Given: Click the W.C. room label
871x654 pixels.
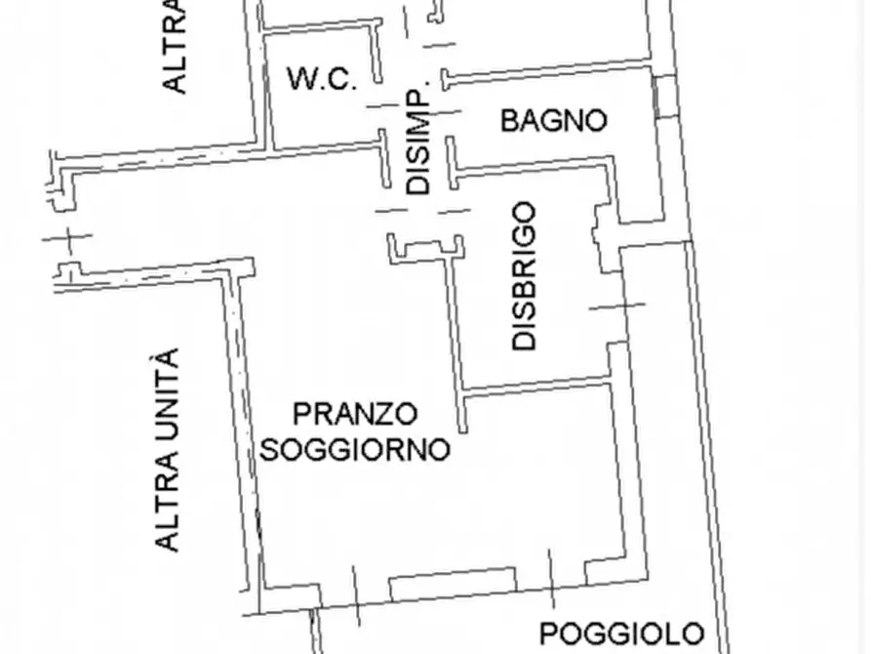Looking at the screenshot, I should tap(322, 79).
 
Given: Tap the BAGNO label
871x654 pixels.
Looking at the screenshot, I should tap(553, 121).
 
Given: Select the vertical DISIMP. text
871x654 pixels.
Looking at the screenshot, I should tap(417, 143).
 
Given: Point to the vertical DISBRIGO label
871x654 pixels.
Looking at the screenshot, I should tap(525, 275).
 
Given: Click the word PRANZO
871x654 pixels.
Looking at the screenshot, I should tap(355, 415).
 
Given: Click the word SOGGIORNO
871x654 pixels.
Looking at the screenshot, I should tap(356, 449).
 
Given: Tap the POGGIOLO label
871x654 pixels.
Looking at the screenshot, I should tap(621, 634).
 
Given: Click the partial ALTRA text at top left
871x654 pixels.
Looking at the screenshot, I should tap(175, 49).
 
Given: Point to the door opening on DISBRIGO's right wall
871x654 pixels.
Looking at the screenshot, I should tap(616, 306).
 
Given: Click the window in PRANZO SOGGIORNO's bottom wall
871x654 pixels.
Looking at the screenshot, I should tap(452, 584).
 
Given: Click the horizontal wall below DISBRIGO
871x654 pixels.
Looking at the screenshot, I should tap(536, 388).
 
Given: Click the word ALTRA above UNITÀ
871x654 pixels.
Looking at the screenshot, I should tap(169, 500).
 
